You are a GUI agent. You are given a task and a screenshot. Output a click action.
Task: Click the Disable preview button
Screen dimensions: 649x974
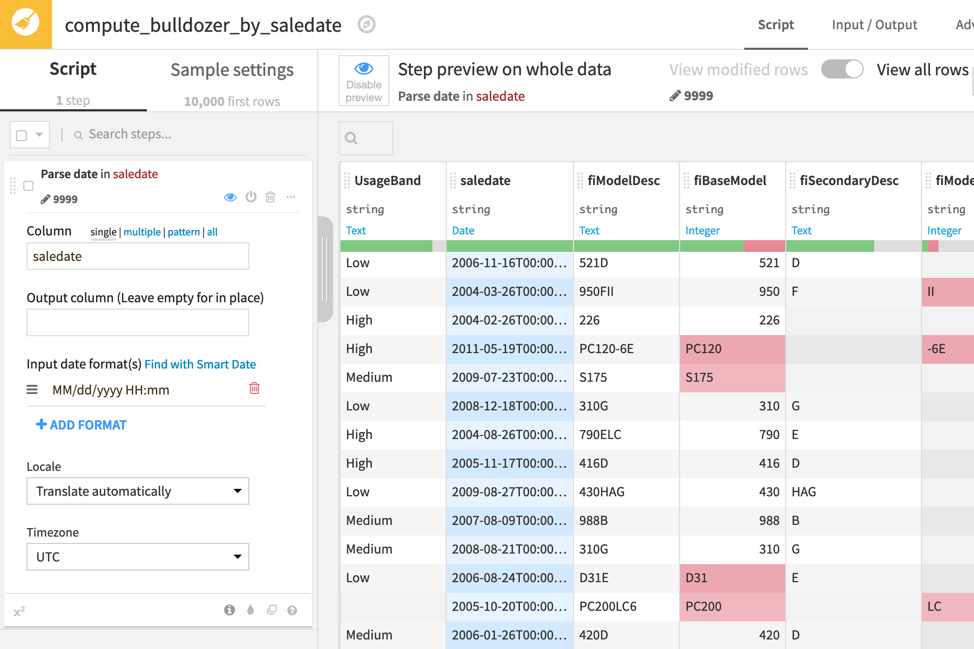coord(364,81)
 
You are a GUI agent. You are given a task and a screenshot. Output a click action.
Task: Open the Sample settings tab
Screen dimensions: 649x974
coord(232,70)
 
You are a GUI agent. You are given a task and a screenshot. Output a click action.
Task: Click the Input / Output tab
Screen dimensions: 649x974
coord(874,25)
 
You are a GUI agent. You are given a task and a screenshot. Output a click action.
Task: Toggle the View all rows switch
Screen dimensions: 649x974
coord(842,69)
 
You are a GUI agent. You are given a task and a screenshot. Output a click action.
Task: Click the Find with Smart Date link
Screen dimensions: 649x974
coord(200,364)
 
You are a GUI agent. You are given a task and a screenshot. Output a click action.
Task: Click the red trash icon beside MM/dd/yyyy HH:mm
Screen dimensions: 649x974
coord(254,388)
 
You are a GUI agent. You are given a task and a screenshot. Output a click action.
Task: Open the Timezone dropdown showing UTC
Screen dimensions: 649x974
coord(137,557)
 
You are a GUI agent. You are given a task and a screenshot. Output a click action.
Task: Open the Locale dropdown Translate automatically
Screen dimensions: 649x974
coord(137,491)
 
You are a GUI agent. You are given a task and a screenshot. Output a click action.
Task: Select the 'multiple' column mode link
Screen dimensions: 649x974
coord(142,232)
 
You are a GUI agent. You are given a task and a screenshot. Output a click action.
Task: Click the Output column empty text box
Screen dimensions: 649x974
coord(137,322)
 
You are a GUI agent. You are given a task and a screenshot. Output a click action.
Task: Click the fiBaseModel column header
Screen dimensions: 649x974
coord(729,181)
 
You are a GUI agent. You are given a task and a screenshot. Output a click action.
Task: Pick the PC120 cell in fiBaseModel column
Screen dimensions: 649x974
coord(731,349)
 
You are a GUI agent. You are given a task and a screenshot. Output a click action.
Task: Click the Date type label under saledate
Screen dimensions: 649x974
coord(463,231)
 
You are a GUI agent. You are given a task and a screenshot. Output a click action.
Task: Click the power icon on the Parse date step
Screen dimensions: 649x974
coord(251,197)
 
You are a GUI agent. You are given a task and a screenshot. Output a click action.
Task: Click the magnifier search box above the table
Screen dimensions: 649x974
coord(366,138)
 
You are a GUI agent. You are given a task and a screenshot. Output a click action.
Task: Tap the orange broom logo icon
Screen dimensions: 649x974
coord(25,24)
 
